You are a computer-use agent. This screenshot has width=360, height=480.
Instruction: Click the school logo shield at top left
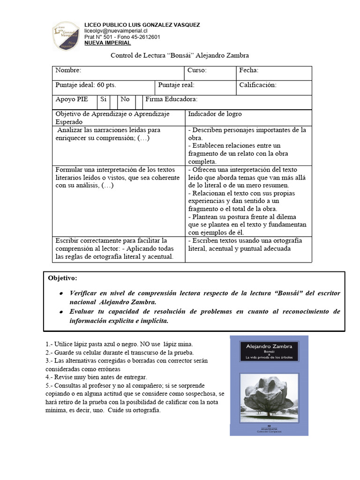[66, 36]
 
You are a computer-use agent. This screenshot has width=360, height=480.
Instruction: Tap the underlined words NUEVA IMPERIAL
[107, 43]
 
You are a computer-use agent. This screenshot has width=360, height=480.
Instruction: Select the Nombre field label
[68, 70]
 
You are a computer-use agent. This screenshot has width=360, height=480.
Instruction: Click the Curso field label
[197, 70]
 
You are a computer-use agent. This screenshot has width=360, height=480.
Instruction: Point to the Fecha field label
[249, 70]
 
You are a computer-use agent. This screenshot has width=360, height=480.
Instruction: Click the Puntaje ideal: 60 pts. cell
[86, 85]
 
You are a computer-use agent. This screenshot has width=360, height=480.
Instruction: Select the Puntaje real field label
[176, 85]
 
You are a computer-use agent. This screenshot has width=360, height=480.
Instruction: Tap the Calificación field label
[258, 85]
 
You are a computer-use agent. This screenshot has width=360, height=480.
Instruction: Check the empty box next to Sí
[113, 100]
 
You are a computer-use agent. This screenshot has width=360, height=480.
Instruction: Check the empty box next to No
[139, 100]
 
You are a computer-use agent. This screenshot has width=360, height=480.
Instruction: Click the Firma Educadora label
[172, 100]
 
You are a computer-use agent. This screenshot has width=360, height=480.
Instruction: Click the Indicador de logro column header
[215, 114]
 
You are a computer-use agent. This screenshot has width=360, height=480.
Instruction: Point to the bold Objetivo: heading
[62, 278]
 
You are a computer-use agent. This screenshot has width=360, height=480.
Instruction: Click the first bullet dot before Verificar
[61, 293]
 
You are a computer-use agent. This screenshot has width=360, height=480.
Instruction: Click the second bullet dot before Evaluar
[61, 312]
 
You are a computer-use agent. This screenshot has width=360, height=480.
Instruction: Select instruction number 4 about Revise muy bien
[96, 377]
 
